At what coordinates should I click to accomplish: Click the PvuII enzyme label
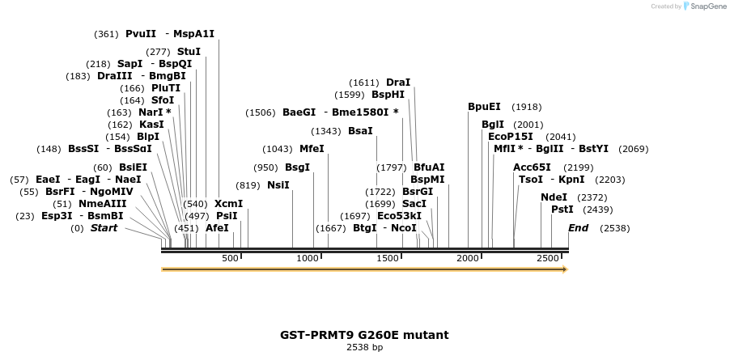pos(141,34)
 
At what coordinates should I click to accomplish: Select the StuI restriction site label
pos(189,52)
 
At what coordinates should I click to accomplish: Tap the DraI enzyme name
pos(398,83)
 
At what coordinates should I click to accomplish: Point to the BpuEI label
pos(484,107)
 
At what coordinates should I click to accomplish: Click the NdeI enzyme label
pos(554,197)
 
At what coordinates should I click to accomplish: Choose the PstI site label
pos(562,210)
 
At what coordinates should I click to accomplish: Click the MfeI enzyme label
pos(312,149)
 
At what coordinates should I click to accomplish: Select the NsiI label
pos(278,185)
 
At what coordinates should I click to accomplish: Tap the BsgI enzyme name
pos(297,167)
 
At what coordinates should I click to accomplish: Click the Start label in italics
pos(104,228)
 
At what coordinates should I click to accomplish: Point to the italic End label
pos(578,228)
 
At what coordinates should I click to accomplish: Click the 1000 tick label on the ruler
pos(308,258)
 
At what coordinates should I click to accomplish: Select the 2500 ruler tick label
pos(549,258)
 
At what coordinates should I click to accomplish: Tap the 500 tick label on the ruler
pos(230,258)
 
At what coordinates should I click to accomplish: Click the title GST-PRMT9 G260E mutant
pos(364,335)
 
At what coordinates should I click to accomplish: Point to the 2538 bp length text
pos(364,348)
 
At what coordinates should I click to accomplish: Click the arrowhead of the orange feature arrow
pos(565,269)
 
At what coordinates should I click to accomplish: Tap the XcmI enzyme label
pos(228,204)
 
